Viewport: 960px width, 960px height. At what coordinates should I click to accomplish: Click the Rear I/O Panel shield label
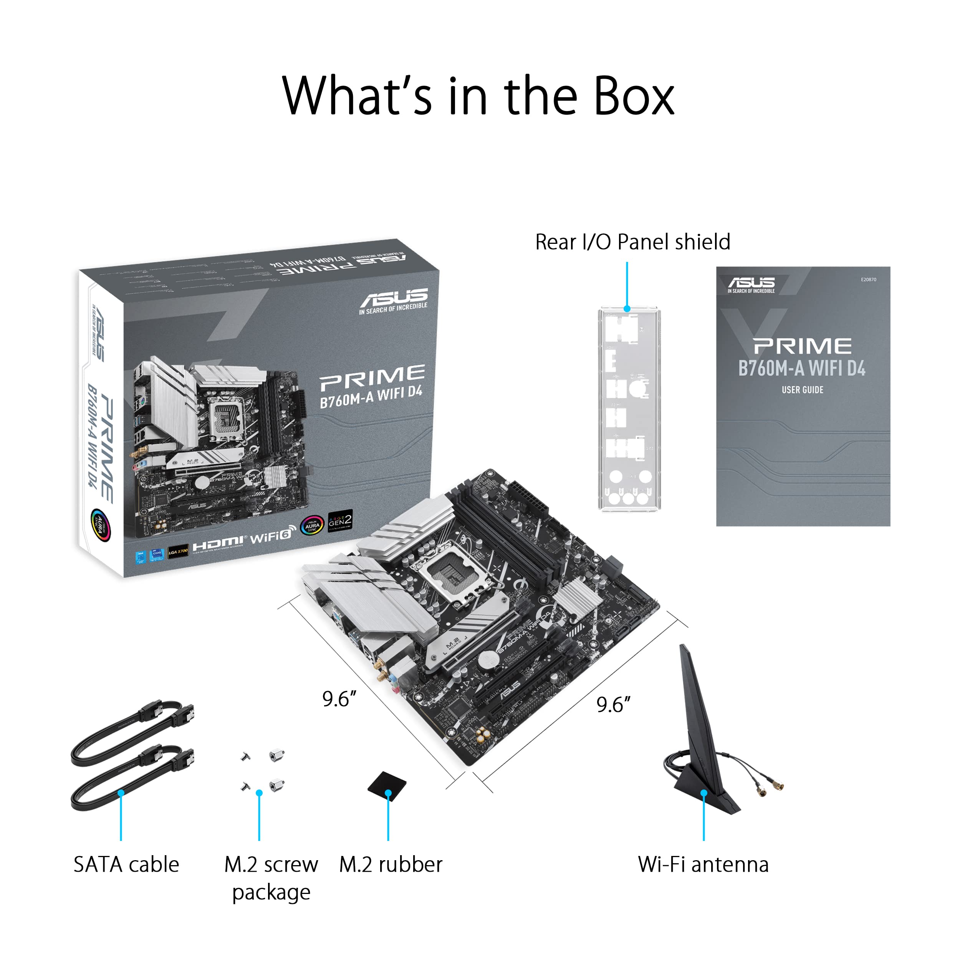(632, 242)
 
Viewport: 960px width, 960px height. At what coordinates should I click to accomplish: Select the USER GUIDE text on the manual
(802, 390)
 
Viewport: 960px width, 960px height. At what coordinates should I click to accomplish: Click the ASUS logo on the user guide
(751, 284)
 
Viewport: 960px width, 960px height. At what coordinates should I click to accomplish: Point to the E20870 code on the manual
(869, 280)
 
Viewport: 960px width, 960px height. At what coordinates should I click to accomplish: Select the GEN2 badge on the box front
(340, 520)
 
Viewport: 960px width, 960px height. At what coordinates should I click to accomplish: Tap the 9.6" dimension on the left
(339, 699)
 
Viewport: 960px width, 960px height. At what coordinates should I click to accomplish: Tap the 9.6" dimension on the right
(613, 705)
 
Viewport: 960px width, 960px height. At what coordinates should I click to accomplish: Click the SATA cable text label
(126, 865)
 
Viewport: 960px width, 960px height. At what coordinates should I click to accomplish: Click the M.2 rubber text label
(391, 865)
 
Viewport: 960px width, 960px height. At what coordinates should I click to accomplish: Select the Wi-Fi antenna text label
(703, 865)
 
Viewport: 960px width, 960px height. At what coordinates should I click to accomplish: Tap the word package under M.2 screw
(271, 893)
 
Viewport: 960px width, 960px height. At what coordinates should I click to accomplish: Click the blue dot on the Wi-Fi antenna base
(703, 793)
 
